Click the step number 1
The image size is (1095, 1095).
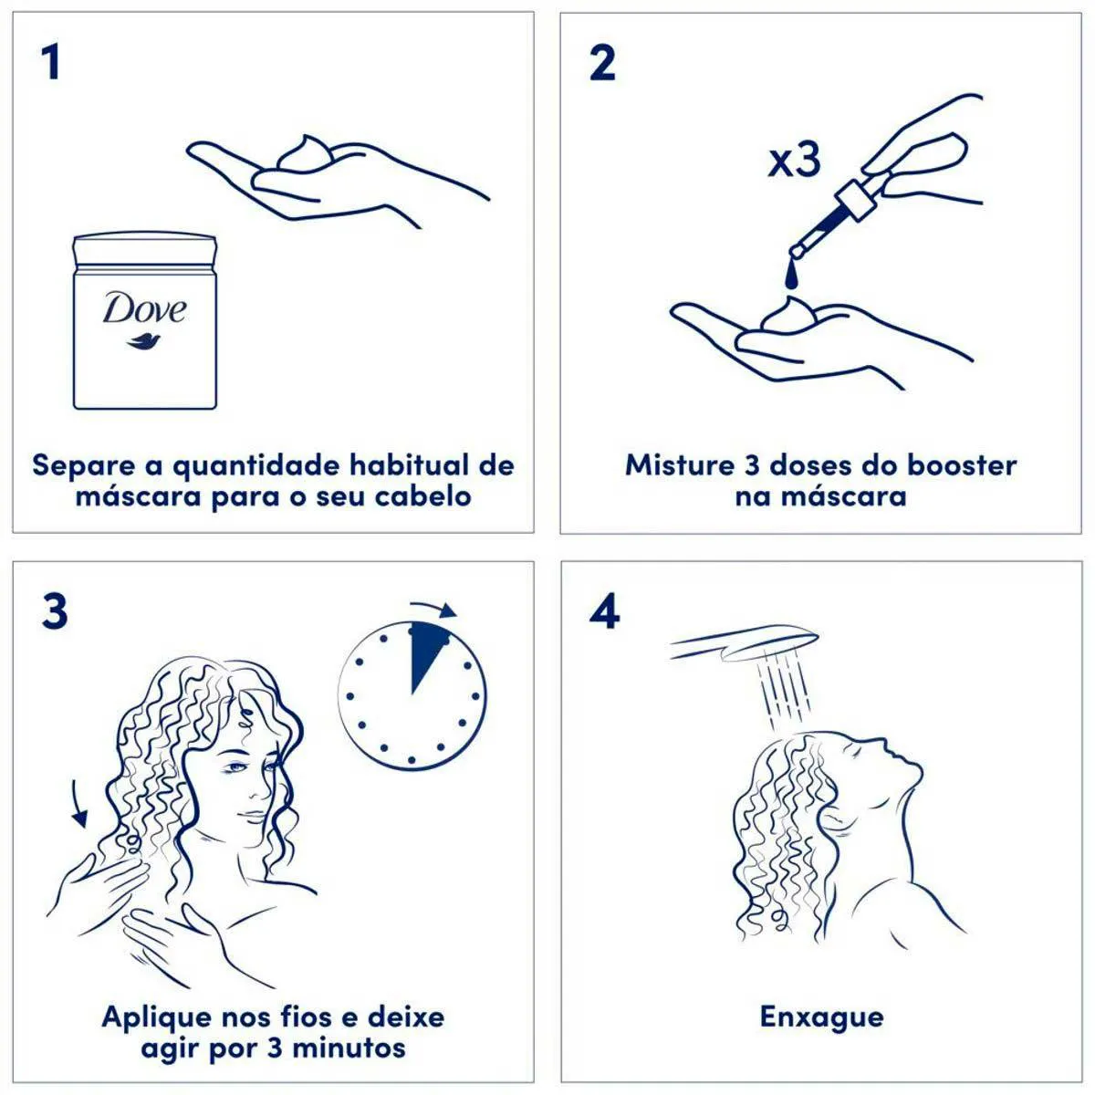52,63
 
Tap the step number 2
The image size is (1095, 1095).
603,63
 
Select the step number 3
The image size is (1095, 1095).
55,611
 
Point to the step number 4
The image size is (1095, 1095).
605,611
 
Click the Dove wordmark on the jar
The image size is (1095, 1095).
144,308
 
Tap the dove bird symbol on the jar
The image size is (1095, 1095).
143,342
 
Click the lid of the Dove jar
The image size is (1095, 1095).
145,249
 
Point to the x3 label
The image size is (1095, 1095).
795,161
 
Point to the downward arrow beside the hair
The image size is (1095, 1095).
79,804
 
